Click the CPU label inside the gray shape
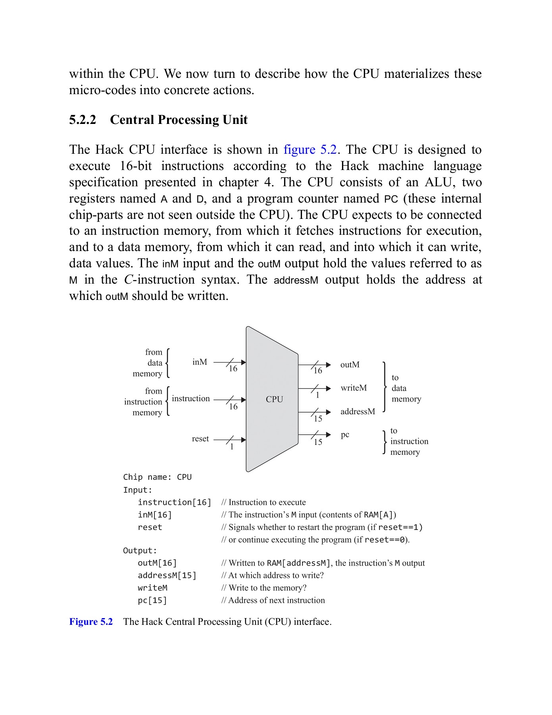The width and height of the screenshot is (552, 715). pyautogui.click(x=274, y=399)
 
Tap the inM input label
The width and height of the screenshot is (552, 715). pyautogui.click(x=200, y=362)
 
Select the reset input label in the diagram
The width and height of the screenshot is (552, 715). pyautogui.click(x=200, y=439)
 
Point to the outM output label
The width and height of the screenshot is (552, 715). pyautogui.click(x=350, y=365)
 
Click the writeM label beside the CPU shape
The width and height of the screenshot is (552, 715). pyautogui.click(x=354, y=388)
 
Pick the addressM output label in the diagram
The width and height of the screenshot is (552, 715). pyautogui.click(x=357, y=412)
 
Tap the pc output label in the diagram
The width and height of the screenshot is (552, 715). pyautogui.click(x=345, y=435)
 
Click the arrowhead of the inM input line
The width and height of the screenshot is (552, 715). pyautogui.click(x=243, y=362)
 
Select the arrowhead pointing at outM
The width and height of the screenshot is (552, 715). pyautogui.click(x=328, y=365)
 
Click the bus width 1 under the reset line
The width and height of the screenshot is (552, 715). pyautogui.click(x=232, y=447)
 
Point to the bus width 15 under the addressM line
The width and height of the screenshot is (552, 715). pyautogui.click(x=318, y=419)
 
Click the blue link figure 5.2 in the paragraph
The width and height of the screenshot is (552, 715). pyautogui.click(x=310, y=150)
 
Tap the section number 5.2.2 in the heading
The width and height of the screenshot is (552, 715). pyautogui.click(x=83, y=120)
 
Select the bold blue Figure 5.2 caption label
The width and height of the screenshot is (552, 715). pyautogui.click(x=91, y=622)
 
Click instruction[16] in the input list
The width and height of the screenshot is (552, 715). pyautogui.click(x=174, y=502)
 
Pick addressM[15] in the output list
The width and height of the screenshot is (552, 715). pyautogui.click(x=167, y=576)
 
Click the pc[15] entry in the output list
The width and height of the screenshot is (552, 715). pyautogui.click(x=152, y=600)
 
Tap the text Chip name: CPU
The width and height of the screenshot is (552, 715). pyautogui.click(x=157, y=477)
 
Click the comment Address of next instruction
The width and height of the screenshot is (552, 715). pyautogui.click(x=276, y=600)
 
